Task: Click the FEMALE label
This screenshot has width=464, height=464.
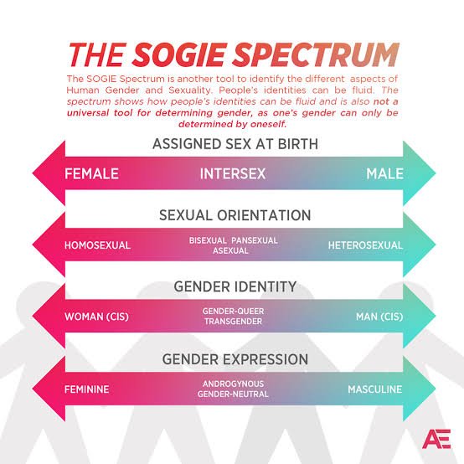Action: click(92, 174)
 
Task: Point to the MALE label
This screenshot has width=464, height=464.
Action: click(384, 174)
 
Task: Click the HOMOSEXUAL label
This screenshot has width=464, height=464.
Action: click(97, 245)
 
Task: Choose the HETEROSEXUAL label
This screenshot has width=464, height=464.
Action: click(365, 245)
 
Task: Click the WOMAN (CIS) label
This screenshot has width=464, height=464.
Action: click(96, 317)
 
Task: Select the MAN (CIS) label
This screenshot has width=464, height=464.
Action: click(376, 317)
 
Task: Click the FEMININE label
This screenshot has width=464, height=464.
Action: click(87, 389)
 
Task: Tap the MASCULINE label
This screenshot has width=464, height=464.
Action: click(374, 389)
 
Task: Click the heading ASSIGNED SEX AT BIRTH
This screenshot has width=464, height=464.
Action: click(235, 144)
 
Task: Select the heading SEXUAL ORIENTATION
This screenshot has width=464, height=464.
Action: click(235, 215)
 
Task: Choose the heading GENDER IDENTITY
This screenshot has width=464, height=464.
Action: click(235, 287)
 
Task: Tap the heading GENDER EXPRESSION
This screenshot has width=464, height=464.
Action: click(235, 359)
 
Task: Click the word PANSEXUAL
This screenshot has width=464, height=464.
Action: click(255, 240)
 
